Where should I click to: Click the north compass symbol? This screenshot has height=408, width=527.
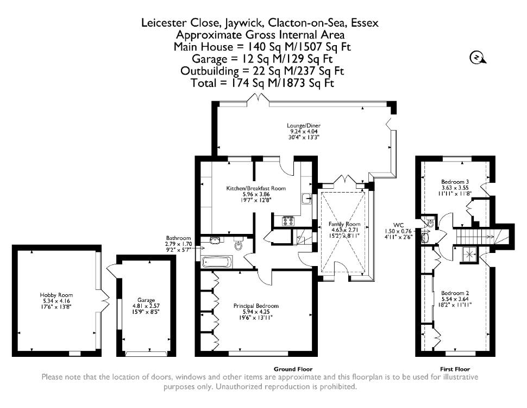point(478,58)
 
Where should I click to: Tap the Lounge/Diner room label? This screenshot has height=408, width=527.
point(303,126)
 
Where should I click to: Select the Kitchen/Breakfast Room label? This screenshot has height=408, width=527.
point(256,188)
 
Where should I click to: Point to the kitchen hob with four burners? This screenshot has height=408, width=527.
point(288,221)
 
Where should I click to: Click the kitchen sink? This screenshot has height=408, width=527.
point(307,199)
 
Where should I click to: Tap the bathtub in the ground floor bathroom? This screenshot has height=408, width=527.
point(216,262)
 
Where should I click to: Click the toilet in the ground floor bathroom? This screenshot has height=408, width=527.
point(239,244)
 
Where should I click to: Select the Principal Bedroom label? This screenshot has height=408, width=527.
point(256,306)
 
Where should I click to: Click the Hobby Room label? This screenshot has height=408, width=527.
point(56,295)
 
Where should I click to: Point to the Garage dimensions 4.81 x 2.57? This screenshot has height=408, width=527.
point(146,306)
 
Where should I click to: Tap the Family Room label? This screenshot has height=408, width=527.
point(344,224)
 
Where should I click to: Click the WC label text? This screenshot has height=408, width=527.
point(398,225)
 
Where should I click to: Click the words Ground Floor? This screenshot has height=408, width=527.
point(293,369)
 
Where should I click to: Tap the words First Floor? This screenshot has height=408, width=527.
point(455,369)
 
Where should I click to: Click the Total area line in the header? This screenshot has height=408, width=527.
point(262,83)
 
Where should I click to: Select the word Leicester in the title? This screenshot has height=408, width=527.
point(164,22)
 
